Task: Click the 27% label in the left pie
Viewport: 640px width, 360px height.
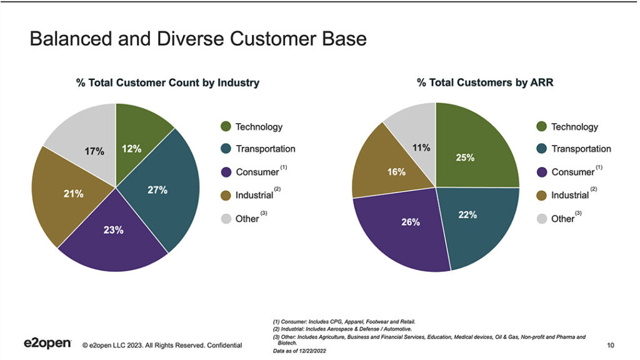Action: tap(157, 190)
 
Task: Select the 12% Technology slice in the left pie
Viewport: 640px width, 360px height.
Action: tap(132, 149)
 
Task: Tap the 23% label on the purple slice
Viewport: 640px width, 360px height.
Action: tap(114, 230)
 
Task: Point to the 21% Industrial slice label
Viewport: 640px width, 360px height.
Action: tap(73, 194)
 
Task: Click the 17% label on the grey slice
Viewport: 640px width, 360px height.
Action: tap(94, 151)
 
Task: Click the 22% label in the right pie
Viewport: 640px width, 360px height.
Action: tap(467, 214)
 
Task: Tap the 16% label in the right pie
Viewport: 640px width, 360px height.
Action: tap(396, 172)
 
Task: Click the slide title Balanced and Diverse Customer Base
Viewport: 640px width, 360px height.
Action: tap(198, 39)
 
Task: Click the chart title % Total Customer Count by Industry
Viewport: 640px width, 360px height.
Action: tap(167, 82)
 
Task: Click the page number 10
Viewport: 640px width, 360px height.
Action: tap(610, 345)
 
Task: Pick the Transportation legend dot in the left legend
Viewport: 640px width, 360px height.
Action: tap(226, 149)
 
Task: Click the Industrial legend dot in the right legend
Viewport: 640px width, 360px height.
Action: tap(541, 195)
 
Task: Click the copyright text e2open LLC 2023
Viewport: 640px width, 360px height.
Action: tap(162, 345)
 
